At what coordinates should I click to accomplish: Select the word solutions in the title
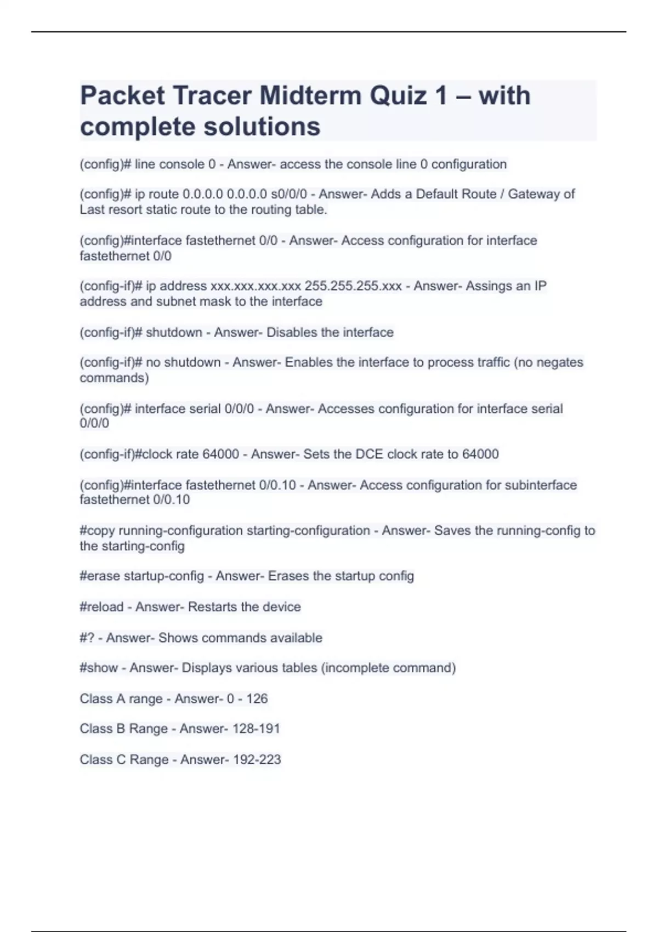tap(262, 127)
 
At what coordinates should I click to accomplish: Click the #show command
tap(99, 668)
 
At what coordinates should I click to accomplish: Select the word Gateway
tap(530, 194)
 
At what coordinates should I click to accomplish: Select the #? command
tap(87, 638)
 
